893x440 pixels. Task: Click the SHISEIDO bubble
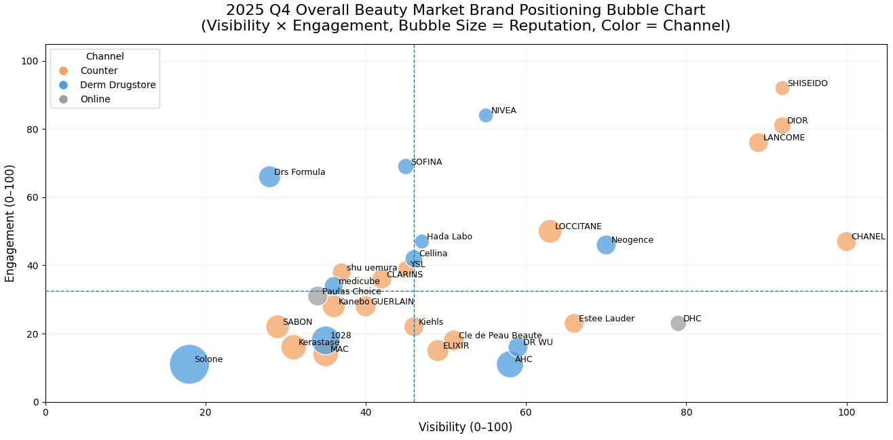point(782,88)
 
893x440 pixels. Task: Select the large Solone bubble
point(189,364)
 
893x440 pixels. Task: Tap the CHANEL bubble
point(845,241)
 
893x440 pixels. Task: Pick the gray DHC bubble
point(678,323)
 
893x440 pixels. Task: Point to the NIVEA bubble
point(486,115)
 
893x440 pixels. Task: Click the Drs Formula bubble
point(269,177)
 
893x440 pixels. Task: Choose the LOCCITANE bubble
point(550,231)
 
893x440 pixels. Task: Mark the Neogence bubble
point(606,245)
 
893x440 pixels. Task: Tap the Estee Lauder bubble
point(574,323)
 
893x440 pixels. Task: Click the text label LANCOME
point(784,138)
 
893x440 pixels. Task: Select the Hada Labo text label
point(449,237)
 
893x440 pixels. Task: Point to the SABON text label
point(297,323)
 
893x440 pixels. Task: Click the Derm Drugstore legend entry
point(117,85)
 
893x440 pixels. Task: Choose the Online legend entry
point(95,100)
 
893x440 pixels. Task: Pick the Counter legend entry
point(98,71)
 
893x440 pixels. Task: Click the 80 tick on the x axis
point(686,413)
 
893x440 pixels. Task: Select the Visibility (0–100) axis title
point(465,428)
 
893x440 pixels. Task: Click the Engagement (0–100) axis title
point(10,223)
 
